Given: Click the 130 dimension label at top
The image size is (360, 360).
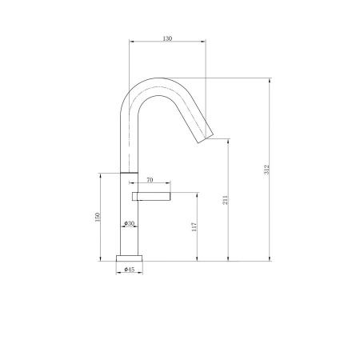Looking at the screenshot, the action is (167, 38).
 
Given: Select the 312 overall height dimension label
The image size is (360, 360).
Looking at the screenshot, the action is (266, 170).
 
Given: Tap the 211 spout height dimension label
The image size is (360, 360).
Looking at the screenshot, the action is (226, 200).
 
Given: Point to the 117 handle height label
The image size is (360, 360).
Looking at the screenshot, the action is (194, 226).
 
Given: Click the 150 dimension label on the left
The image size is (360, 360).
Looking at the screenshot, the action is (98, 217).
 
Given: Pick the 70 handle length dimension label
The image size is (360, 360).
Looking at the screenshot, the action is (150, 180).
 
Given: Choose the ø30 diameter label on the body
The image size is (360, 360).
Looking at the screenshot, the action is (130, 223).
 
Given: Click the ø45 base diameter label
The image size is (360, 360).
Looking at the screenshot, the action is (130, 270).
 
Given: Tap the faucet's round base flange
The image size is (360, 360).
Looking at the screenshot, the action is (130, 258).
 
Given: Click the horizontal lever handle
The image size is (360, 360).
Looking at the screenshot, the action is (151, 196).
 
